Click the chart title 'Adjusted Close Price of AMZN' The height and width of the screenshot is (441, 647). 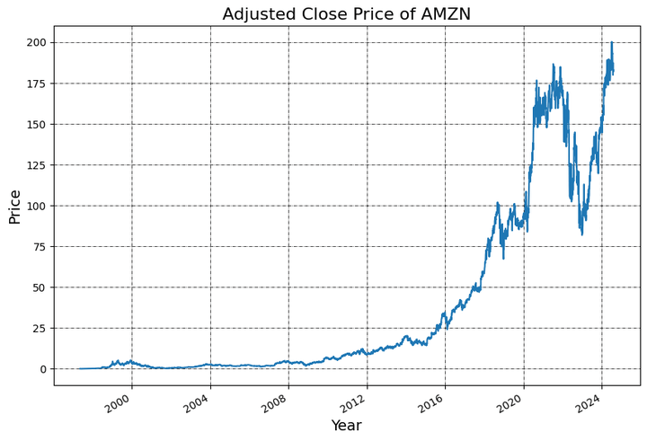(346, 13)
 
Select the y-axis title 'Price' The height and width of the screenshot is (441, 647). (14, 206)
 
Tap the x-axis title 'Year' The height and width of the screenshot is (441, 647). (346, 426)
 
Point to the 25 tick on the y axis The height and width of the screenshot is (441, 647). (40, 328)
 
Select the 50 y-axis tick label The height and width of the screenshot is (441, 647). (40, 287)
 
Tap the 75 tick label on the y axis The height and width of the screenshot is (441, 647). (40, 246)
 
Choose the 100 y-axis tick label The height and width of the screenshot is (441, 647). (37, 206)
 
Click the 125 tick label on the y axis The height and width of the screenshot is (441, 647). (37, 165)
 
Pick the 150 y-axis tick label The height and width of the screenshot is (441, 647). (37, 124)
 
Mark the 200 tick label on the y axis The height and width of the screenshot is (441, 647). (37, 42)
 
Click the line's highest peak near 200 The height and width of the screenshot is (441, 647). (611, 42)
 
